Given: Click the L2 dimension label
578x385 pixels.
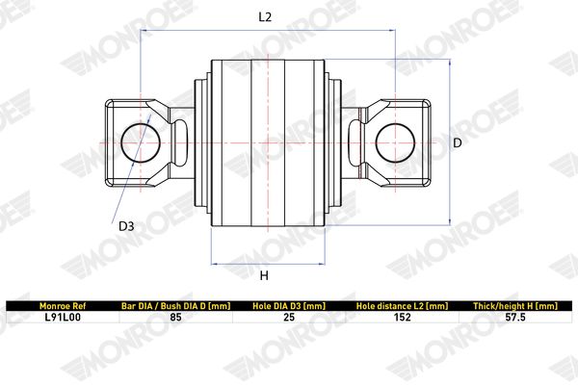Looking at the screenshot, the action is (x=265, y=17).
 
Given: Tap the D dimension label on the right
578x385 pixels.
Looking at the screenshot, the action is (x=457, y=142).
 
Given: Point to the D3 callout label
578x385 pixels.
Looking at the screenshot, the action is (x=126, y=226).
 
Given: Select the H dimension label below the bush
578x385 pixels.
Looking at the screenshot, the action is (x=264, y=275).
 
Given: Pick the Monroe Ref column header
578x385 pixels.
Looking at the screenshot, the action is (x=63, y=306).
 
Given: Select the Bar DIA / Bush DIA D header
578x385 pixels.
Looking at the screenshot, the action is (x=176, y=306).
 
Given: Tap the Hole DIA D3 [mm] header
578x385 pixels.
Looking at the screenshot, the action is (x=289, y=306).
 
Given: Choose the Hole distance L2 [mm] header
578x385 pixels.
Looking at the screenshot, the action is (x=402, y=306).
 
